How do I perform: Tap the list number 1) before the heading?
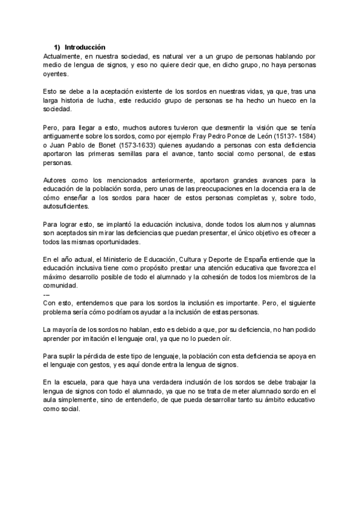58,46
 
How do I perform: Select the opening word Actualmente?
65,55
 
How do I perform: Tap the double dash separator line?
47,294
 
